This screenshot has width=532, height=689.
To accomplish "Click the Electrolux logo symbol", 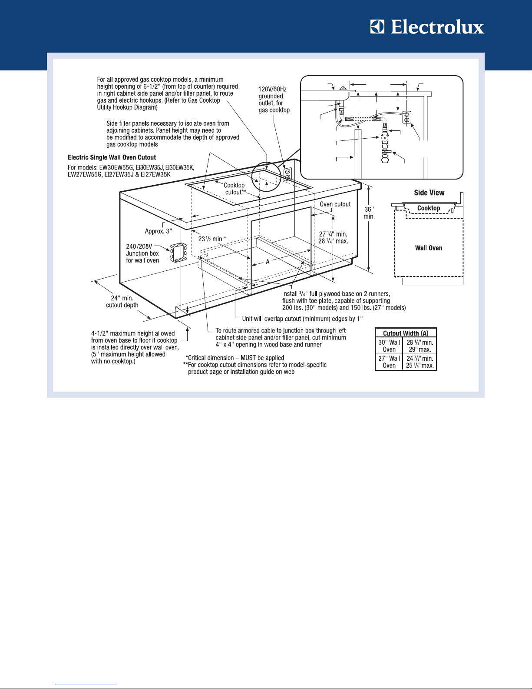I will click(377, 27).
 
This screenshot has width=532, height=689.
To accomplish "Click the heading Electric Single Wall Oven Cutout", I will click(112, 157).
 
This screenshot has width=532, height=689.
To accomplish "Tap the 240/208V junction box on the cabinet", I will click(178, 252).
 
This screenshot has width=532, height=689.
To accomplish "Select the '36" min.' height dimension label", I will click(369, 213).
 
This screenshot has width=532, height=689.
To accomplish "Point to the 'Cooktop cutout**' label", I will click(235, 189).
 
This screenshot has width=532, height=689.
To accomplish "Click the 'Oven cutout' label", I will click(335, 204).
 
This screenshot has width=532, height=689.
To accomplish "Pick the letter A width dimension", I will click(268, 262).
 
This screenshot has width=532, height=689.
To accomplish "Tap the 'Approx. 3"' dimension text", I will click(158, 231).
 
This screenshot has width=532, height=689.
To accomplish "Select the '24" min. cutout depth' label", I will click(122, 302).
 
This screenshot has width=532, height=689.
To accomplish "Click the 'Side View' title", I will click(429, 193).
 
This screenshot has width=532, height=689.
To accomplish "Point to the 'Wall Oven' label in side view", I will click(429, 248).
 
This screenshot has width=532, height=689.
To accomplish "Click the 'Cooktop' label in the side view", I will click(429, 208).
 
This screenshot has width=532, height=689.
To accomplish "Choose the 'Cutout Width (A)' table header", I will click(406, 333).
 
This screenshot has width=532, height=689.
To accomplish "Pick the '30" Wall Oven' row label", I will click(389, 346).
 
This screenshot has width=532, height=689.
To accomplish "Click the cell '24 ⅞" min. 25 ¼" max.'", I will click(420, 362).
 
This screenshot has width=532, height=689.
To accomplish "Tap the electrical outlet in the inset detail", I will click(407, 116).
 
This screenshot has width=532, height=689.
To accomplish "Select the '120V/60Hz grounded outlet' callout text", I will click(274, 100).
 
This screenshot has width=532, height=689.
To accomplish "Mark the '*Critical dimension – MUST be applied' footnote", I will click(235, 358).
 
